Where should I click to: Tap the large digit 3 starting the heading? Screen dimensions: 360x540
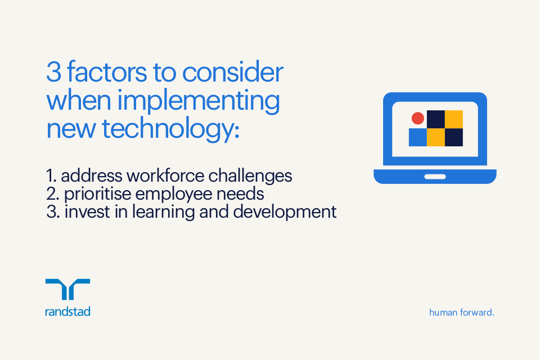pos(53,73)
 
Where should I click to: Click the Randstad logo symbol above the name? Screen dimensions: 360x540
pos(67,289)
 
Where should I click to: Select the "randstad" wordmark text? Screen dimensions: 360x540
pos(67,311)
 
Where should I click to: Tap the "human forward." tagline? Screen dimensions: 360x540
pos(461,312)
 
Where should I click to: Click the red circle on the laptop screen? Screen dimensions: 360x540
pos(417,118)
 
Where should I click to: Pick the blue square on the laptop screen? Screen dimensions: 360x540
pos(417,137)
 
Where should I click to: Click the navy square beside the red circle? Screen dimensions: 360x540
pos(436,119)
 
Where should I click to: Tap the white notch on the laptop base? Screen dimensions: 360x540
pos(435,177)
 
